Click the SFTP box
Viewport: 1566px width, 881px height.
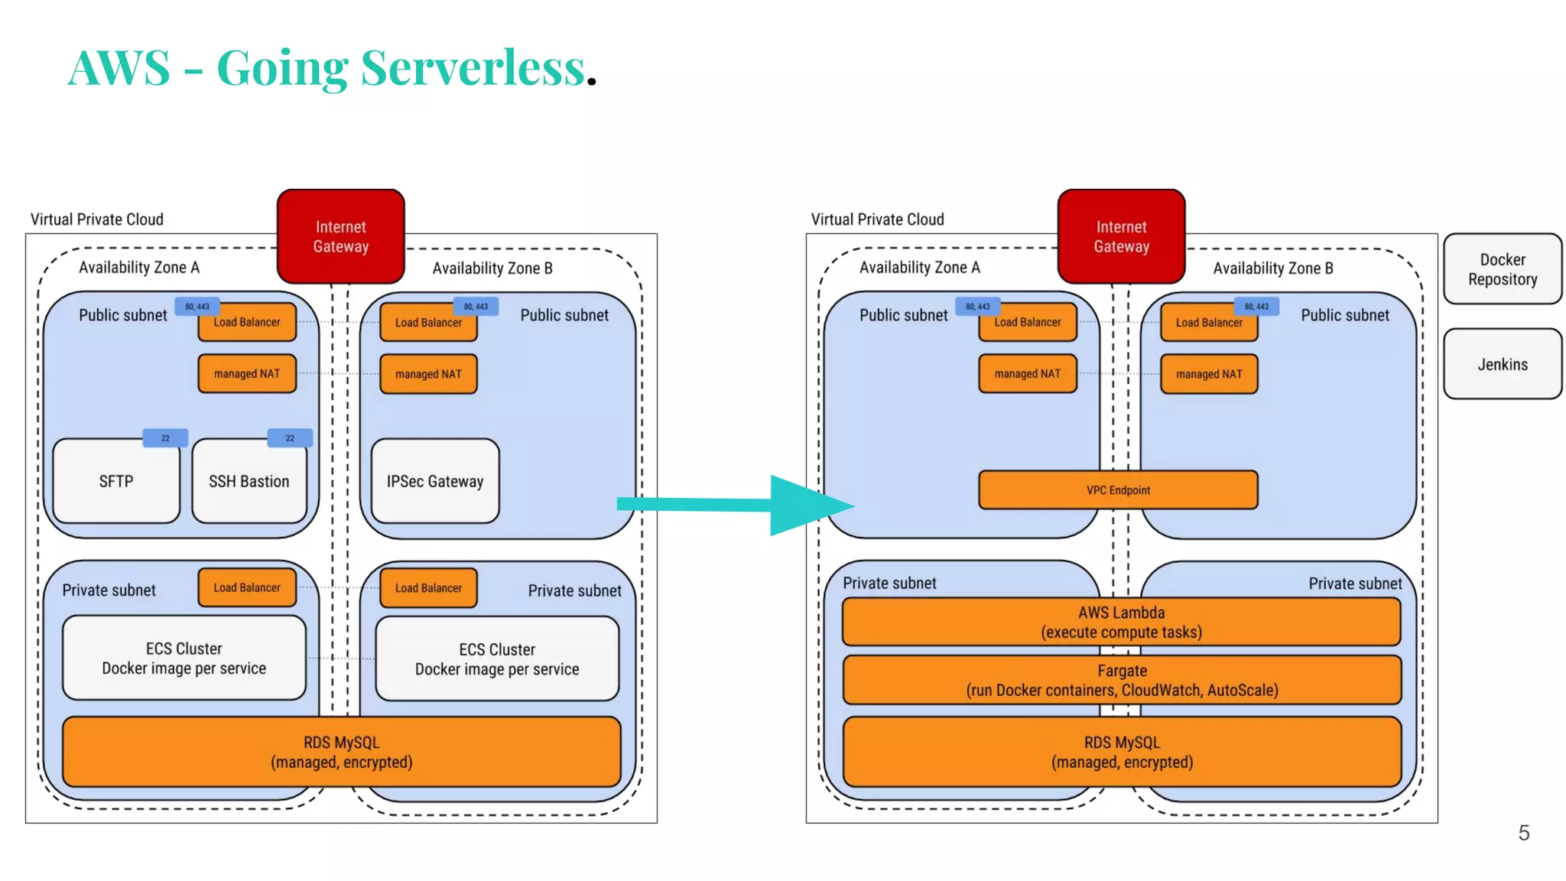pos(116,482)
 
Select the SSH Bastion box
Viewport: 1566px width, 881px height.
pos(249,482)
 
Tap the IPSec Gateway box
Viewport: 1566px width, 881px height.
pos(435,482)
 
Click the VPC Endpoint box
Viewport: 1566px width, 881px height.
pos(1118,490)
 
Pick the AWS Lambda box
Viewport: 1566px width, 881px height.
pos(1121,623)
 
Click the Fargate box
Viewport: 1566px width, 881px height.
pos(1122,681)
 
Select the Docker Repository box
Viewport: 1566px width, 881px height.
pos(1503,269)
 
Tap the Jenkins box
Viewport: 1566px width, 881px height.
pos(1503,364)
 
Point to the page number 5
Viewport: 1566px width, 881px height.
pos(1523,833)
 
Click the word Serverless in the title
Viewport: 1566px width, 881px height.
pos(473,67)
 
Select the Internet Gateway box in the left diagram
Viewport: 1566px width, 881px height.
pos(341,237)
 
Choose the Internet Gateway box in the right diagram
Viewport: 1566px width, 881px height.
pos(1121,237)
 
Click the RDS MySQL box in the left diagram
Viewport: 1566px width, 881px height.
pos(341,753)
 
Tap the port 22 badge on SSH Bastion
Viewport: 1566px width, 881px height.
pos(290,438)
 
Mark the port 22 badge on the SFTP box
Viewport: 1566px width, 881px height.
pos(165,438)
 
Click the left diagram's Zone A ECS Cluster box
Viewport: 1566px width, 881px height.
pos(184,658)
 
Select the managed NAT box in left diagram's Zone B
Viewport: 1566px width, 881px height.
pos(428,374)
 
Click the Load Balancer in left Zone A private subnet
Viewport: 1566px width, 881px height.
pos(247,587)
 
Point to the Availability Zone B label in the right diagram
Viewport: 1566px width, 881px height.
pos(1272,268)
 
